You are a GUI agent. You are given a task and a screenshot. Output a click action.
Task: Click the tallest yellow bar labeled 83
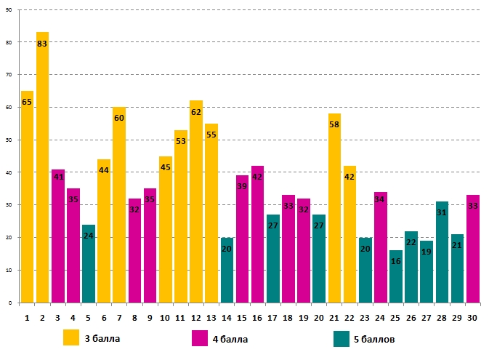pos(43,167)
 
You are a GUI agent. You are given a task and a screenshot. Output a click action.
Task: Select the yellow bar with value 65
pos(27,196)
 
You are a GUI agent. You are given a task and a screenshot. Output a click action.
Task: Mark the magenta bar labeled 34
pos(380,247)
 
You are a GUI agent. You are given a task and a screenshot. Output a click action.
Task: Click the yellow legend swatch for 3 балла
pos(71,338)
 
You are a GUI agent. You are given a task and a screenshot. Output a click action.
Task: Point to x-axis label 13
pos(211,318)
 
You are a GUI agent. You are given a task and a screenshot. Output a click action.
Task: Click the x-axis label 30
pos(472,318)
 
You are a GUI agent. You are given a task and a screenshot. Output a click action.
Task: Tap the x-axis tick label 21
pos(334,318)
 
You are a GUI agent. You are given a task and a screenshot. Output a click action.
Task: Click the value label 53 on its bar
pos(181,141)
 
